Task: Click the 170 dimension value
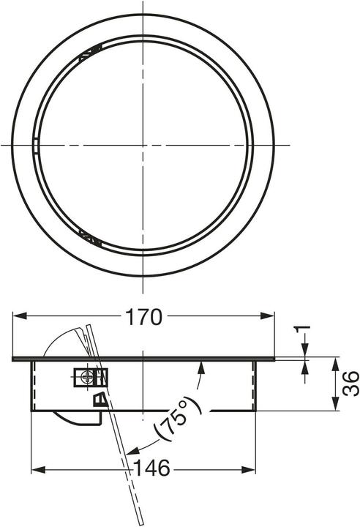tap(143, 317)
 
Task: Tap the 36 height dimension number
tap(350, 384)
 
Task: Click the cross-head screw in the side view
tap(88, 378)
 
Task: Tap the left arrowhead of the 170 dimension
tap(20, 315)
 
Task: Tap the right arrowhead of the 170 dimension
tap(268, 315)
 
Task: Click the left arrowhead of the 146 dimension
tap(38, 469)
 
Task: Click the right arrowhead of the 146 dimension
tap(249, 469)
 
